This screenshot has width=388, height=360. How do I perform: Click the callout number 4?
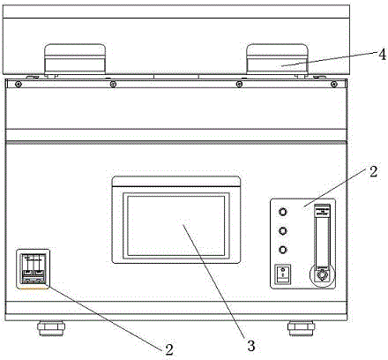(x=382, y=55)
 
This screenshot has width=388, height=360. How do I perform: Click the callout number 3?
(x=251, y=346)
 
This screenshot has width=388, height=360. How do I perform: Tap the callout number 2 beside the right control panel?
(x=373, y=171)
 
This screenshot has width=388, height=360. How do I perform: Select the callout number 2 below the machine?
(x=169, y=349)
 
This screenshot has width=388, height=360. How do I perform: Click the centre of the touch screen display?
(x=176, y=226)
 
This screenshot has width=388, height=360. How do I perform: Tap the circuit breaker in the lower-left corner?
(x=33, y=269)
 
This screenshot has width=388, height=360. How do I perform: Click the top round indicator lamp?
(x=282, y=212)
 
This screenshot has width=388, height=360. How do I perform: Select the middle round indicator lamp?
(x=282, y=231)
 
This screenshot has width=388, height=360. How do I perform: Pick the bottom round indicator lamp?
(x=282, y=250)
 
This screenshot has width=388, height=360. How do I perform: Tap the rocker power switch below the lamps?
(x=282, y=274)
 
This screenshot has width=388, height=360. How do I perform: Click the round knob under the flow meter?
(x=322, y=275)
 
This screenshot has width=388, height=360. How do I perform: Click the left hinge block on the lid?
(x=75, y=59)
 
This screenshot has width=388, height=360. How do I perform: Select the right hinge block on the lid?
(x=277, y=59)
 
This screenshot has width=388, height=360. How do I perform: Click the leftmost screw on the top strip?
(x=19, y=85)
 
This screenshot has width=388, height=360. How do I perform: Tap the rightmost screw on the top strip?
(x=333, y=85)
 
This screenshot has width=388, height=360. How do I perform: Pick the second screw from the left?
(x=113, y=85)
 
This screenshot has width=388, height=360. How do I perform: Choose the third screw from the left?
(x=239, y=85)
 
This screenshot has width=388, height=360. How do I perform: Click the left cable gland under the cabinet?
(x=50, y=328)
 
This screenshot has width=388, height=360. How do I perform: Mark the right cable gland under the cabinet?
(x=301, y=328)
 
